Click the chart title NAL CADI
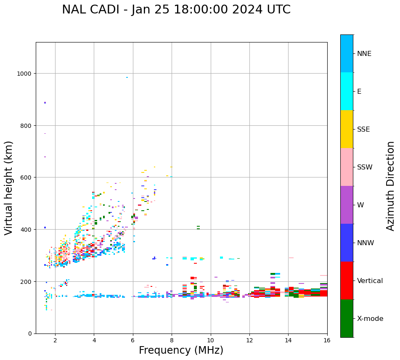pyautogui.click(x=176, y=10)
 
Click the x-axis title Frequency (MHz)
pyautogui.click(x=181, y=350)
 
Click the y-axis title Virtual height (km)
pyautogui.click(x=9, y=188)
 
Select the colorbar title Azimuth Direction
pyautogui.click(x=391, y=186)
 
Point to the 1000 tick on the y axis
pyautogui.click(x=25, y=74)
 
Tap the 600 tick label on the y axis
pyautogui.click(x=27, y=177)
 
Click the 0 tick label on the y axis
pyautogui.click(x=30, y=334)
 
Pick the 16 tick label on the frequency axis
pyautogui.click(x=327, y=340)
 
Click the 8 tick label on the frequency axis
pyautogui.click(x=172, y=340)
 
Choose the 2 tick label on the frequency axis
pyautogui.click(x=55, y=340)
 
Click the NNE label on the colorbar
pyautogui.click(x=364, y=53)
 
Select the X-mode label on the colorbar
pyautogui.click(x=370, y=318)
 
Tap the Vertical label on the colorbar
pyautogui.click(x=370, y=281)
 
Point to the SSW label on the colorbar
pyautogui.click(x=365, y=167)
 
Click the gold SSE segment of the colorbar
pyautogui.click(x=347, y=129)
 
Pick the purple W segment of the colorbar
pyautogui.click(x=347, y=205)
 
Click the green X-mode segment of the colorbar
pyautogui.click(x=347, y=318)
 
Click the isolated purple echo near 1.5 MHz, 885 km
pyautogui.click(x=45, y=103)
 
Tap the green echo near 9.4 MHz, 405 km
pyautogui.click(x=198, y=228)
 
